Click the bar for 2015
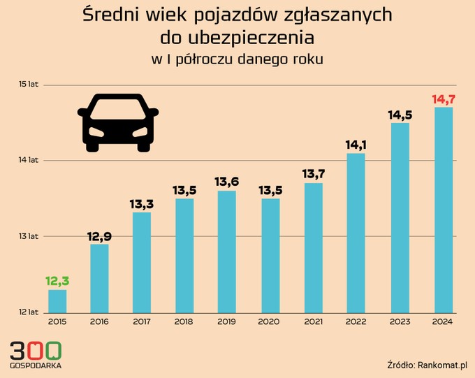[57, 300]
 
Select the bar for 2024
[444, 210]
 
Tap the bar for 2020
[270, 255]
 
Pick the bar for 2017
[142, 262]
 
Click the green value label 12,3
[57, 281]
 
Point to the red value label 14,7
[444, 99]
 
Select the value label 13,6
[227, 182]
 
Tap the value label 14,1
[356, 145]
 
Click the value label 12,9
[100, 236]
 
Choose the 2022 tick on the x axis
[356, 321]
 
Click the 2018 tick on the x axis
[184, 321]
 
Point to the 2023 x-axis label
[400, 321]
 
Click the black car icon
[118, 122]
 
